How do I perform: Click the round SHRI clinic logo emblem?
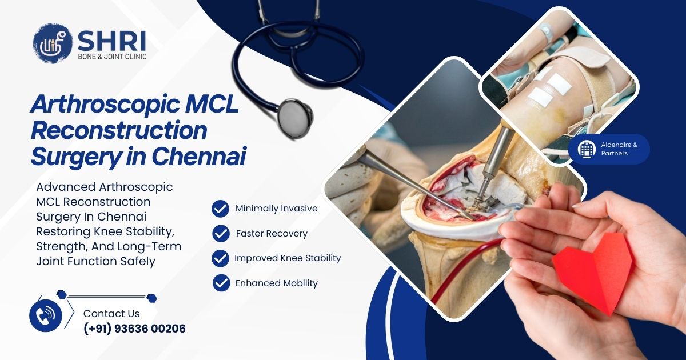(53, 43)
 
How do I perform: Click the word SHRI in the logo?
(112, 41)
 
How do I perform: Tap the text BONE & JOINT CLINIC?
(112, 57)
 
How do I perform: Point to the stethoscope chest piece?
(295, 117)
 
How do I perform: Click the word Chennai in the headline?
(199, 156)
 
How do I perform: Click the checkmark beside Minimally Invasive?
(221, 209)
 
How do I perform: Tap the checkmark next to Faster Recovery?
(221, 234)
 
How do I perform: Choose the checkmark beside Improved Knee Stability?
(221, 258)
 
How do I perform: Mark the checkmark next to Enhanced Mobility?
(221, 283)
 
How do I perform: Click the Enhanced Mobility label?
(277, 283)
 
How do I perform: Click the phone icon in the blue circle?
(46, 315)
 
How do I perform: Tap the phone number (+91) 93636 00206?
(134, 329)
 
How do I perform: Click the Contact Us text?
(111, 314)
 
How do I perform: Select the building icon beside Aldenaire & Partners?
(587, 149)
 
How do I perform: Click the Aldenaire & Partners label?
(619, 149)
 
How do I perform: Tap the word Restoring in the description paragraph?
(63, 231)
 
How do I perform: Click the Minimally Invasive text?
(277, 209)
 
